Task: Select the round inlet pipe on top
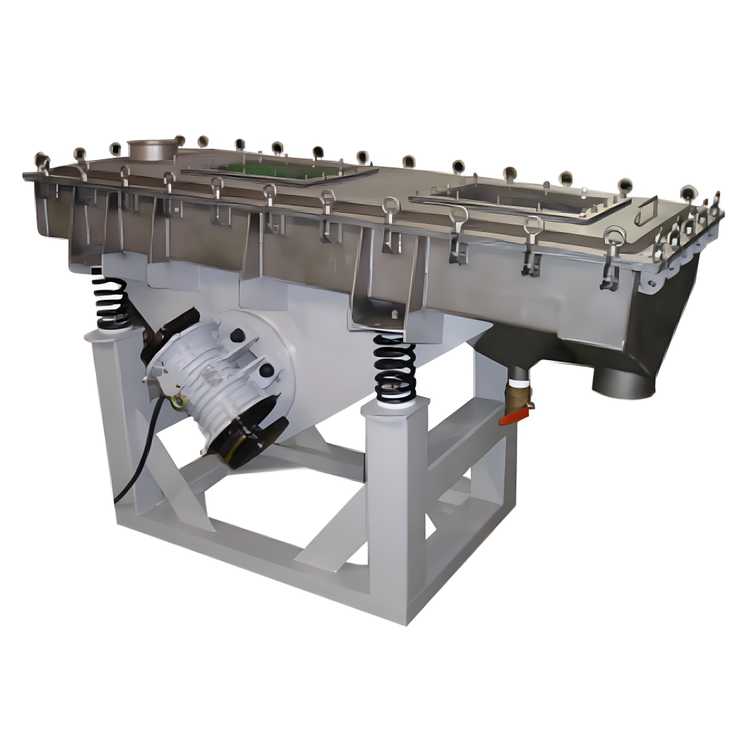point(152,147)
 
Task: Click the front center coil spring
point(394,368)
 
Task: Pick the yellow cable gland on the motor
point(177,403)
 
